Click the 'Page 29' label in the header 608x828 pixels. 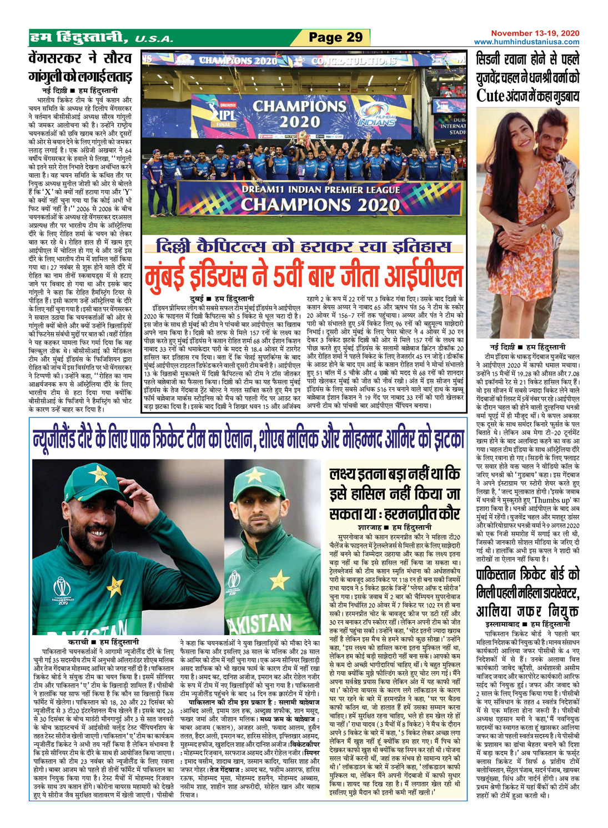point(335,38)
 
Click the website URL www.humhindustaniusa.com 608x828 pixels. point(526,42)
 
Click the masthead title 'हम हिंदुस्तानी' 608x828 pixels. point(78,38)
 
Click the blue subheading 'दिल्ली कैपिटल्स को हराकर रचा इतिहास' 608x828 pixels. point(304,246)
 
